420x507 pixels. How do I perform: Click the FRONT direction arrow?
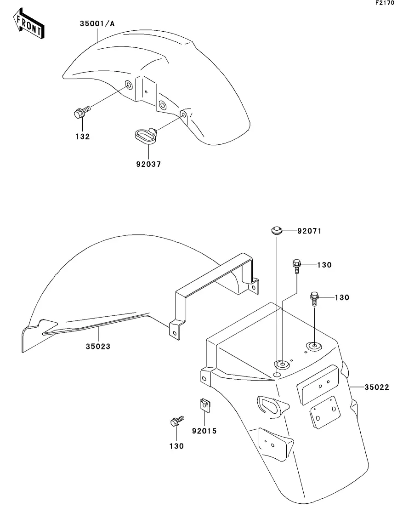pyautogui.click(x=28, y=23)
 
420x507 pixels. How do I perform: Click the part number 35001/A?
pyautogui.click(x=97, y=23)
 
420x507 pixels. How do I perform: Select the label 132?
pyautogui.click(x=82, y=137)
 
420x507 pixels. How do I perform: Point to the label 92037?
pyautogui.click(x=148, y=164)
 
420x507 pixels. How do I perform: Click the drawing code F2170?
pyautogui.click(x=385, y=3)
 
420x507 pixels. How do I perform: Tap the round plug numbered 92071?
pyautogui.click(x=277, y=231)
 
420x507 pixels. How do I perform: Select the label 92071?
pyautogui.click(x=309, y=231)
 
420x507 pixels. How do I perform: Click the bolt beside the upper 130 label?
pyautogui.click(x=297, y=266)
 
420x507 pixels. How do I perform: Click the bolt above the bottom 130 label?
pyautogui.click(x=177, y=422)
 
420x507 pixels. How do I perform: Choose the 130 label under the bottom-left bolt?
pyautogui.click(x=176, y=446)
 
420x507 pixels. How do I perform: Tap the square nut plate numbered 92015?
pyautogui.click(x=204, y=405)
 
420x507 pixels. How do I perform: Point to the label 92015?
pyautogui.click(x=204, y=431)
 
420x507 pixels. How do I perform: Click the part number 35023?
pyautogui.click(x=98, y=346)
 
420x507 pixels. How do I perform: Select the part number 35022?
pyautogui.click(x=377, y=387)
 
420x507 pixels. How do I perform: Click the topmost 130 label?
pyautogui.click(x=324, y=265)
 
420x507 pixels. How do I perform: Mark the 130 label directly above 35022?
pyautogui.click(x=342, y=297)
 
